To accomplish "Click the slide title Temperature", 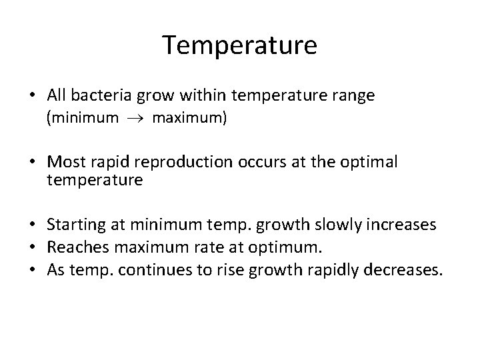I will click(240, 46).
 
